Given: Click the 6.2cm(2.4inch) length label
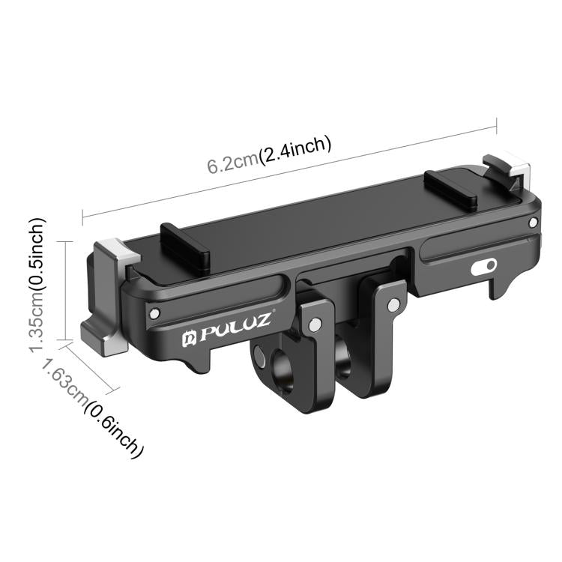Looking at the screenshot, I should [x=269, y=154].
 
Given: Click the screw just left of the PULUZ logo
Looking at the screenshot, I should [x=154, y=313].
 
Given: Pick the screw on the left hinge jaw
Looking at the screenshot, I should [x=315, y=324].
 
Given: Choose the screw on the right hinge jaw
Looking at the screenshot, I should [x=393, y=303].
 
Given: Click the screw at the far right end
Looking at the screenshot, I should [x=532, y=223].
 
